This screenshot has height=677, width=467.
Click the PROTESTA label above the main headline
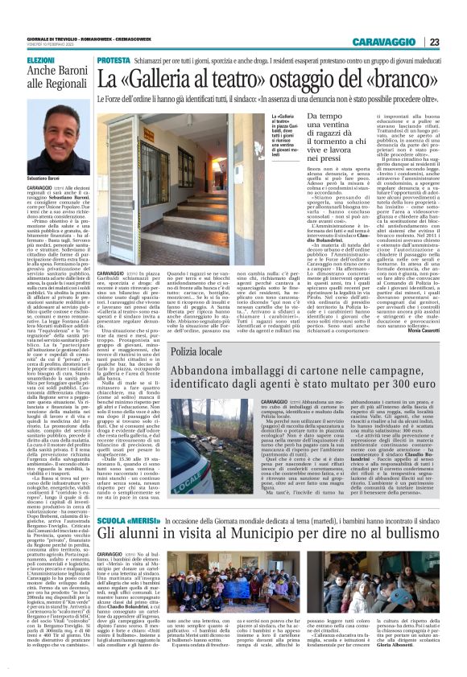point(114,61)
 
